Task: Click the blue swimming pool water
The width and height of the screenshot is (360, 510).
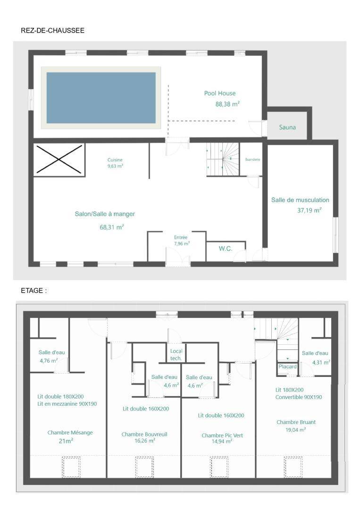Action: pyautogui.click(x=101, y=98)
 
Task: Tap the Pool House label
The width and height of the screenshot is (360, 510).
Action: pyautogui.click(x=220, y=93)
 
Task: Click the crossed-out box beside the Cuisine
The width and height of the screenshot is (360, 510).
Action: pyautogui.click(x=59, y=160)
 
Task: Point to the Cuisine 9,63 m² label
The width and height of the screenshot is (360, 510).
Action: pyautogui.click(x=115, y=163)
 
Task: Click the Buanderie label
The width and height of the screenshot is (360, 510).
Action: pyautogui.click(x=252, y=160)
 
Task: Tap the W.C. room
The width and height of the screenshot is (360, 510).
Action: pyautogui.click(x=226, y=251)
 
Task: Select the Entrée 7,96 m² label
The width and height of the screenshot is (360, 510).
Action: pyautogui.click(x=181, y=240)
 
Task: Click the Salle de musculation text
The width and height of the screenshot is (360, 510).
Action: pyautogui.click(x=300, y=200)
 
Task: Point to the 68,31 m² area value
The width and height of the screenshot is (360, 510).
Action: pyautogui.click(x=112, y=227)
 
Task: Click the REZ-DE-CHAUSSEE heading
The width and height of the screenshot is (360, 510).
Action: pyautogui.click(x=53, y=31)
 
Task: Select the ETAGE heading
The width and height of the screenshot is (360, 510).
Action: pyautogui.click(x=33, y=290)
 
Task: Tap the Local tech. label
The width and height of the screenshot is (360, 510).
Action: pyautogui.click(x=176, y=355)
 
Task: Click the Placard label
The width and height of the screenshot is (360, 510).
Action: pyautogui.click(x=287, y=366)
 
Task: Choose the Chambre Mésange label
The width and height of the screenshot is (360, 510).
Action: pyautogui.click(x=70, y=433)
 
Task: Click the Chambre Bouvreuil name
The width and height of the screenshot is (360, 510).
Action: pyautogui.click(x=144, y=434)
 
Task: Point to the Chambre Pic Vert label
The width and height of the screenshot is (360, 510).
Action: pyautogui.click(x=222, y=435)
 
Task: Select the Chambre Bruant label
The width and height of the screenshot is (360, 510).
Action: pyautogui.click(x=296, y=422)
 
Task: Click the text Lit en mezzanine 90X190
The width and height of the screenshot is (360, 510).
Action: pyautogui.click(x=67, y=404)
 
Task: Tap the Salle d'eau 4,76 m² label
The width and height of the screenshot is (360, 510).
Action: pyautogui.click(x=51, y=357)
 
